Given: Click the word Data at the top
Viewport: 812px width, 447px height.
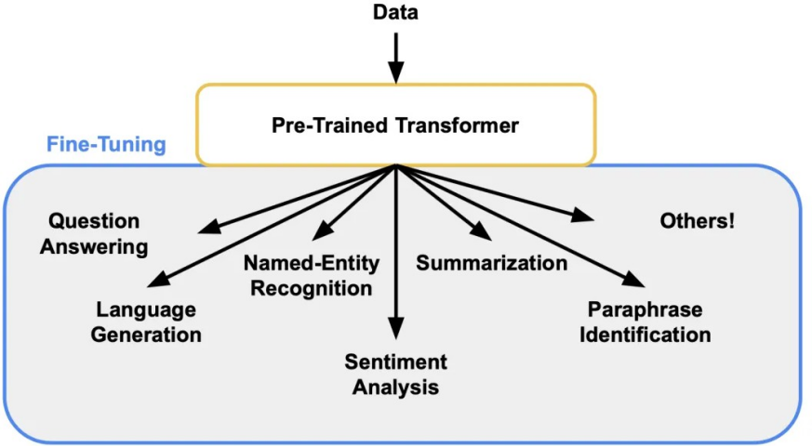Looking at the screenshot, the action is click(395, 12).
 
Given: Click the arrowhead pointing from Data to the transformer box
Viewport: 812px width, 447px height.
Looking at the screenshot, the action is click(396, 72).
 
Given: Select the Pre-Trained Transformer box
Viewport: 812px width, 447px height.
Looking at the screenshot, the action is click(396, 125).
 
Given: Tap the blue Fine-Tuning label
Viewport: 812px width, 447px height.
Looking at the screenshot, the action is click(106, 144).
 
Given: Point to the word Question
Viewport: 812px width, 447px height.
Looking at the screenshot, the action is click(94, 221).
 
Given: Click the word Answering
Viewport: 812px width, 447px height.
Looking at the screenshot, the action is click(94, 247).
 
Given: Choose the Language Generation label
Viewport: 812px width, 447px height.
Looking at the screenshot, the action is click(146, 322).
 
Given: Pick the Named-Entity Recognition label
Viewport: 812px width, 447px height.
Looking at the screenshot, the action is click(312, 275).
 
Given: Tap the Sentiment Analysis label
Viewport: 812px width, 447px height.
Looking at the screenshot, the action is click(395, 375).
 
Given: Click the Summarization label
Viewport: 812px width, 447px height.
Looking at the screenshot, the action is click(491, 263).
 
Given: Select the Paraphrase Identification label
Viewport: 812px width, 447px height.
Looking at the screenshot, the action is click(645, 322).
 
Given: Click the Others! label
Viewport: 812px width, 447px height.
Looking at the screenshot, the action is click(697, 221).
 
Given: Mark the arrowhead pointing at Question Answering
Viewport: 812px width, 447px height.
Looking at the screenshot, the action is click(210, 227).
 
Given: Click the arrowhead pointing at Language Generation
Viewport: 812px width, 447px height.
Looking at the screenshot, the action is click(159, 280).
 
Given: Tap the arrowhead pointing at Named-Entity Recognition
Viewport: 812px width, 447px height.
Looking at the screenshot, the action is click(323, 230).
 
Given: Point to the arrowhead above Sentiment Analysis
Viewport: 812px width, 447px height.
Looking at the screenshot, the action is click(396, 328).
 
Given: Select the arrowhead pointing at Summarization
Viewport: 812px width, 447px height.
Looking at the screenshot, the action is click(480, 230).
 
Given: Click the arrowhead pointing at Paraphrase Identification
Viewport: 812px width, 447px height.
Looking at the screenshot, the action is click(632, 280).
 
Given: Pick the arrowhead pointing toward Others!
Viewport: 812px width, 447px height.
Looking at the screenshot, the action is click(582, 215).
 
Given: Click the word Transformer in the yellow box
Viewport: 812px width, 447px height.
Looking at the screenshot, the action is click(457, 125).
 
